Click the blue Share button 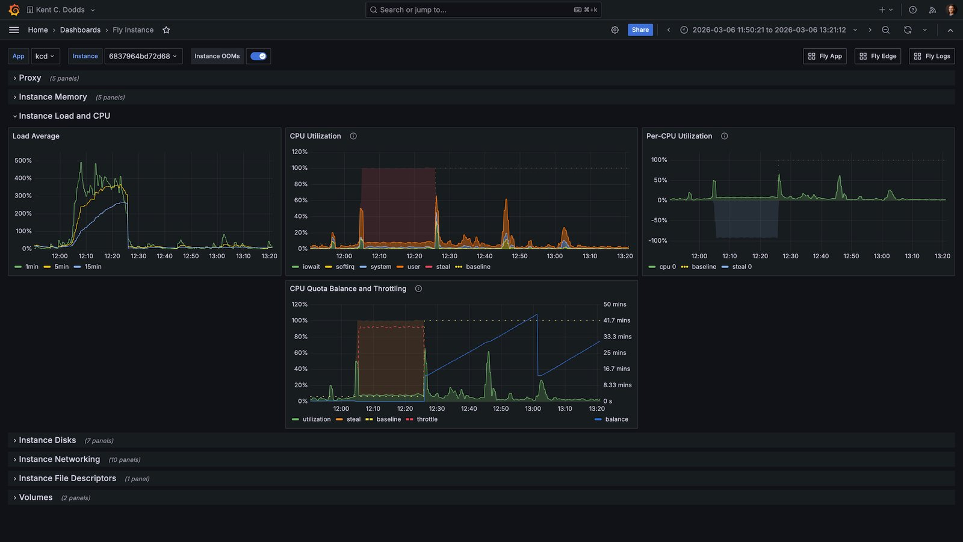tap(640, 30)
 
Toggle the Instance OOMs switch tap(258, 56)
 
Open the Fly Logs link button tap(932, 56)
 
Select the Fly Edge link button tap(878, 56)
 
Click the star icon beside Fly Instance tap(166, 30)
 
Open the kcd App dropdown tap(45, 56)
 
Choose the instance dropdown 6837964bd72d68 tap(143, 56)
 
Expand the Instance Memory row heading tap(53, 97)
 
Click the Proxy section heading tap(30, 78)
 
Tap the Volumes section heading tap(36, 497)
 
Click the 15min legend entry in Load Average tap(88, 267)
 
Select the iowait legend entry tap(306, 267)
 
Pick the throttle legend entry tap(422, 419)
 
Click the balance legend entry tap(612, 419)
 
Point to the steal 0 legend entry tap(737, 267)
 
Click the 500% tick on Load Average tap(23, 160)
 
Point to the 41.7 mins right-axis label tap(616, 320)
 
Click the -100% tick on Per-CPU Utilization tap(658, 240)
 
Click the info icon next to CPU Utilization tap(353, 136)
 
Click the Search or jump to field tap(483, 10)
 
